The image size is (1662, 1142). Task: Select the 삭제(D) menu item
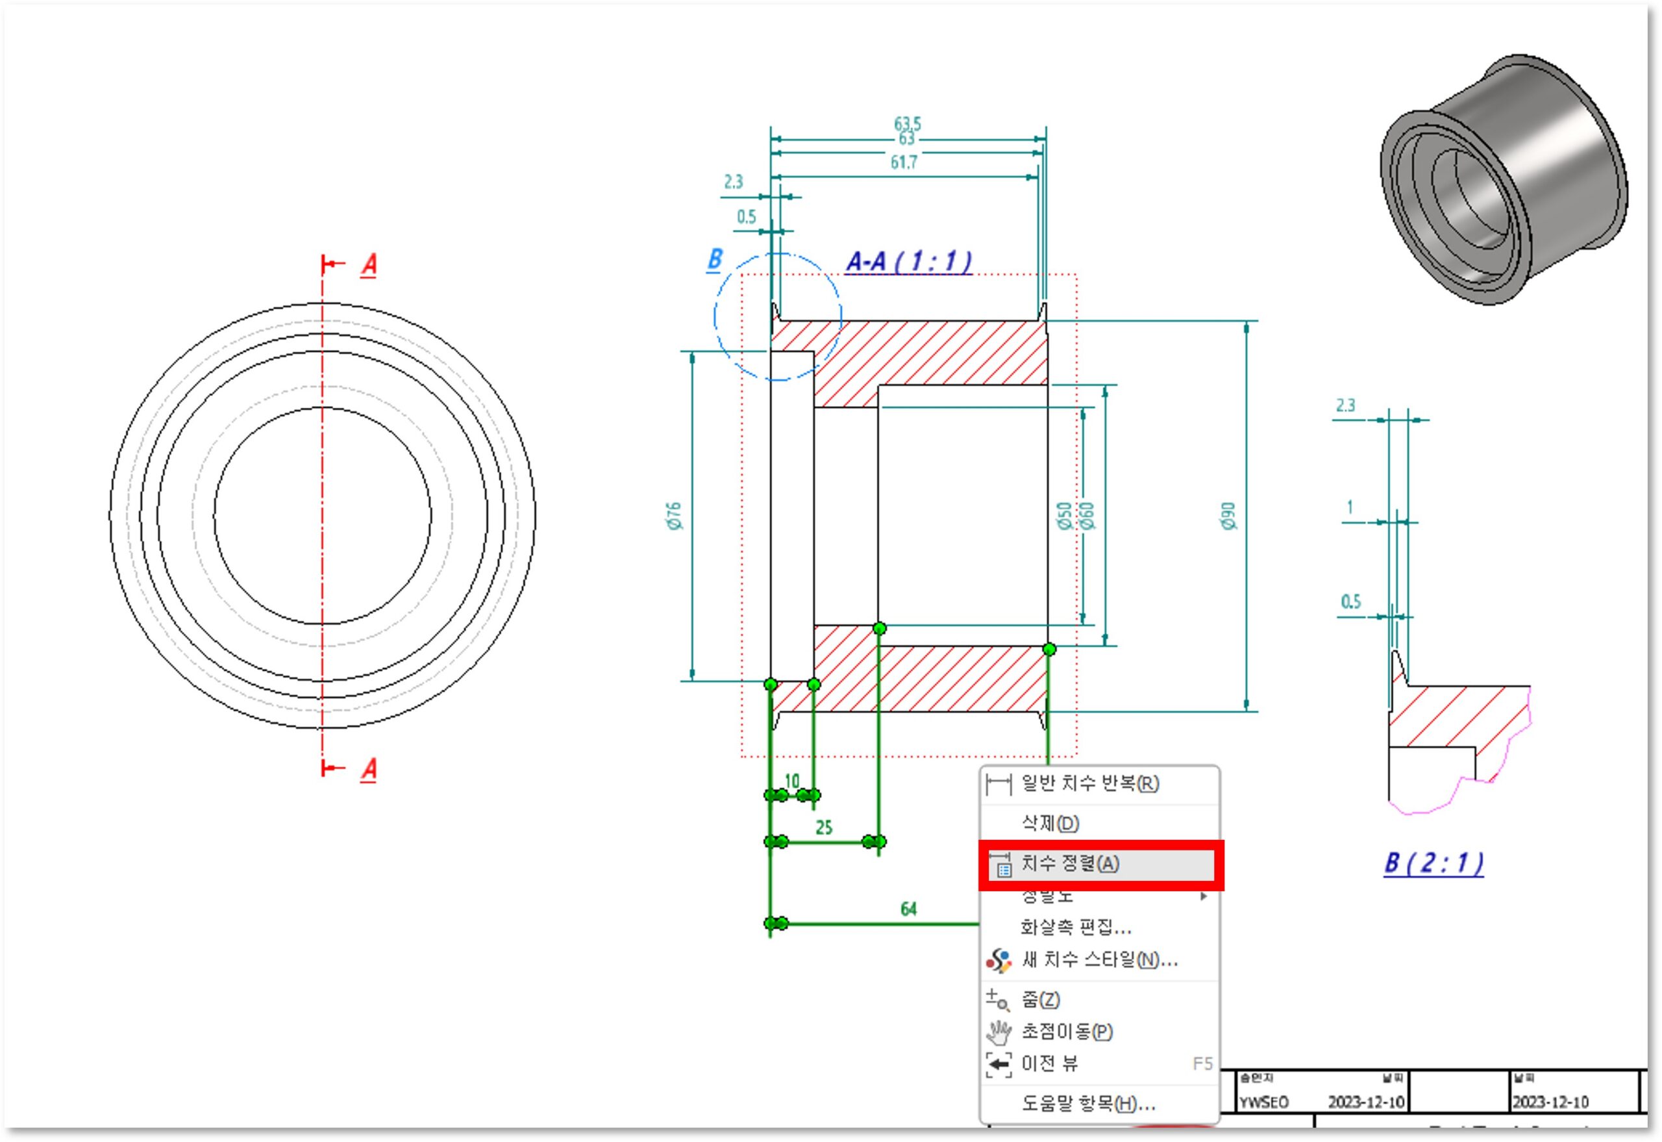(1050, 824)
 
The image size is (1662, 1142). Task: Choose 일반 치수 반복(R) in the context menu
(1089, 783)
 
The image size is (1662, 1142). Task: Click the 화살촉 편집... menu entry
(1076, 928)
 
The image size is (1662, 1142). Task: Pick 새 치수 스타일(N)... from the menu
(1099, 960)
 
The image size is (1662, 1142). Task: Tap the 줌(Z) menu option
(1041, 1000)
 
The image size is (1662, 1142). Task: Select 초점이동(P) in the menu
(1066, 1031)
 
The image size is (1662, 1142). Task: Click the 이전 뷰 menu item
(1049, 1064)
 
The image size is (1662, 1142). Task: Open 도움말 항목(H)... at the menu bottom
(1087, 1104)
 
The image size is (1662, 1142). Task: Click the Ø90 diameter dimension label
(1228, 516)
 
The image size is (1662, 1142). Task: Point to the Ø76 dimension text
(674, 516)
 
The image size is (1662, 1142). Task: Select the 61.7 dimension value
(903, 163)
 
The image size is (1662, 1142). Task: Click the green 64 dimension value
(908, 909)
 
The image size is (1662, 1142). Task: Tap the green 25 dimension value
(824, 828)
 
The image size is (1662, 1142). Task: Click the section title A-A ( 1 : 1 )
(909, 262)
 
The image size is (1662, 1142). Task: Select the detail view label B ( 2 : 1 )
(1433, 864)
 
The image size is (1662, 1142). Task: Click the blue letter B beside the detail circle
(714, 259)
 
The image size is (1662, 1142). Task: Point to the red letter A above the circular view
(368, 266)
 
